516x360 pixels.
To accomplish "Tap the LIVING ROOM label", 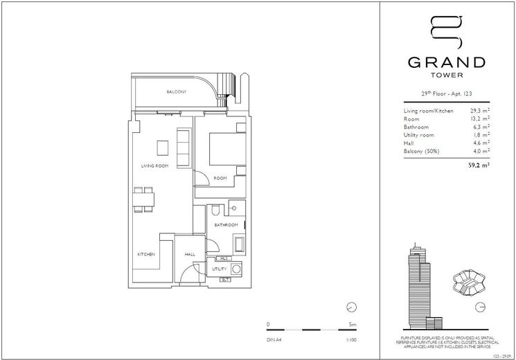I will pyautogui.click(x=154, y=166).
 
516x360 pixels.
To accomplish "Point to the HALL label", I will pyautogui.click(x=190, y=255).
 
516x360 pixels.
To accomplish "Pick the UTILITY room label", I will pyautogui.click(x=220, y=268).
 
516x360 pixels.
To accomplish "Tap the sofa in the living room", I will pyautogui.click(x=184, y=148).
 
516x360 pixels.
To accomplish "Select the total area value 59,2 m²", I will pyautogui.click(x=479, y=165).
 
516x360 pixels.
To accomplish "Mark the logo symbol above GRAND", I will pyautogui.click(x=447, y=30).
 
